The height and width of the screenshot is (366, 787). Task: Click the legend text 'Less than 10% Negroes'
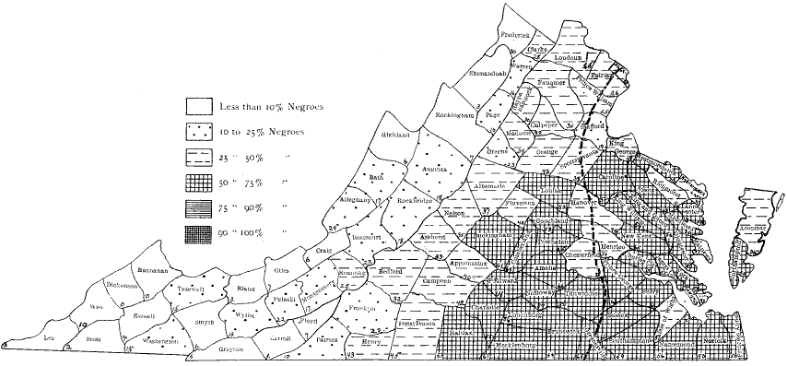pos(273,107)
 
